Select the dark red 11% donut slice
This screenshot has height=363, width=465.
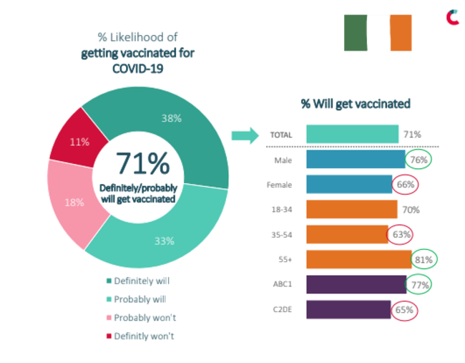click(72, 140)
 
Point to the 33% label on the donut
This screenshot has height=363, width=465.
click(165, 241)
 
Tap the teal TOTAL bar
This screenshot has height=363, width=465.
click(352, 134)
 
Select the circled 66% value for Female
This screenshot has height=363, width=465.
click(404, 185)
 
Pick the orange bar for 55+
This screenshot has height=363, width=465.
click(358, 259)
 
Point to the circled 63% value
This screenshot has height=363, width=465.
click(399, 234)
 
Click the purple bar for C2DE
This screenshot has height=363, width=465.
click(348, 310)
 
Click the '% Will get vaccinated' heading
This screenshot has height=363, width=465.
click(356, 104)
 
